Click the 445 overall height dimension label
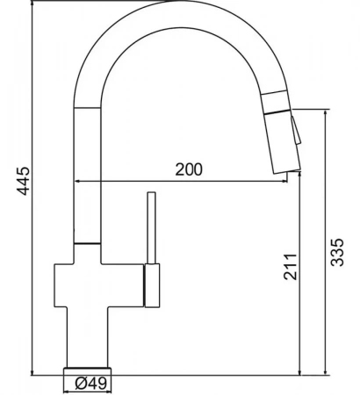click(23, 181)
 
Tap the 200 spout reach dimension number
click(189, 169)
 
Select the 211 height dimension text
click(291, 267)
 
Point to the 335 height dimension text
click(337, 252)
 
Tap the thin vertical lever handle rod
click(152, 227)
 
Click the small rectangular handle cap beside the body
click(152, 285)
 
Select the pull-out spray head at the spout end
click(283, 142)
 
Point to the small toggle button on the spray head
click(296, 130)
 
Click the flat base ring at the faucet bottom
click(88, 371)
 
